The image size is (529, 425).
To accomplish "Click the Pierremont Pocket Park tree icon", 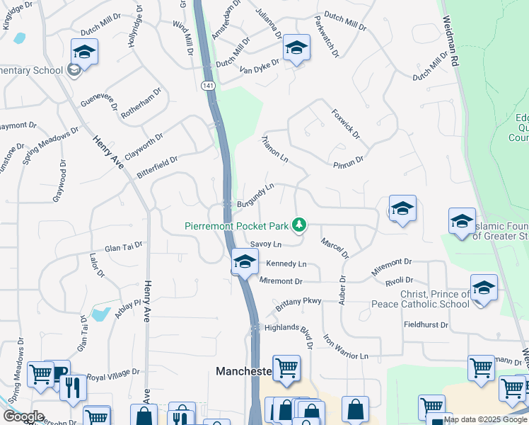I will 300,225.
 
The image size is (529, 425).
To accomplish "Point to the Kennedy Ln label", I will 286,264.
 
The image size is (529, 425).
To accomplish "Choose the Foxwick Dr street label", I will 346,123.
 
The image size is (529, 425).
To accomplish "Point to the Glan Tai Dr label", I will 124,246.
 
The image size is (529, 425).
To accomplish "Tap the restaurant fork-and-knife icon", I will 73,387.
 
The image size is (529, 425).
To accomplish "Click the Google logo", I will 23,416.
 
